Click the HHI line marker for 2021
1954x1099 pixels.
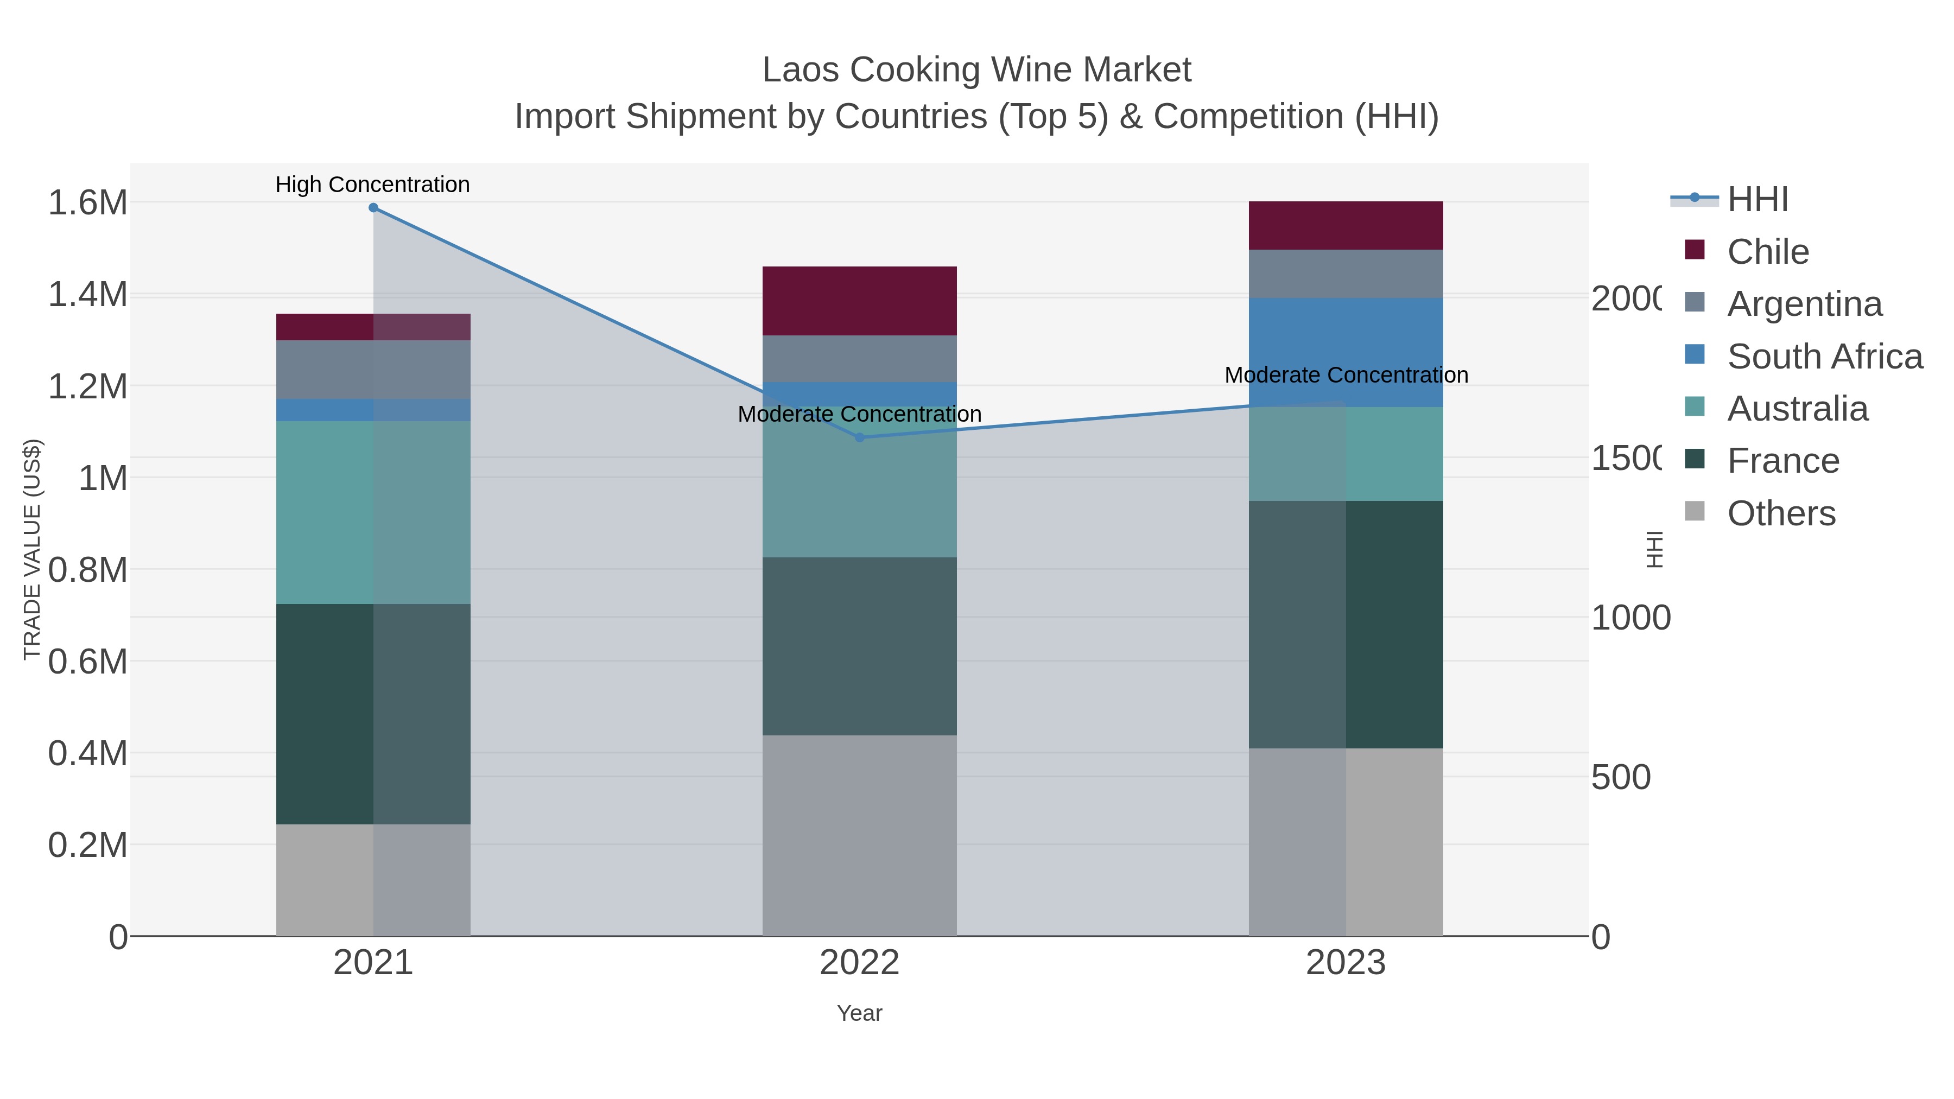[373, 208]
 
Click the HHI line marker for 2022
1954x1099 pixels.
[859, 437]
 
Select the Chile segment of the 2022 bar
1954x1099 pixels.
[859, 301]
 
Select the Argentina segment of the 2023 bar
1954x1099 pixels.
[1346, 274]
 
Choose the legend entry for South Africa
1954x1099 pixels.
[1824, 357]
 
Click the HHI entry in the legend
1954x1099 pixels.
[1758, 200]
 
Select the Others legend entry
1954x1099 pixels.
[1781, 513]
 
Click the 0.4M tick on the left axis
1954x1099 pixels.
[87, 754]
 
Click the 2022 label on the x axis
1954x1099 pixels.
[859, 963]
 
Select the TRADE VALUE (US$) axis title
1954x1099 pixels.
[32, 549]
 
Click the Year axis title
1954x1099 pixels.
[859, 1013]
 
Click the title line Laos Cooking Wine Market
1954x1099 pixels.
[976, 70]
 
